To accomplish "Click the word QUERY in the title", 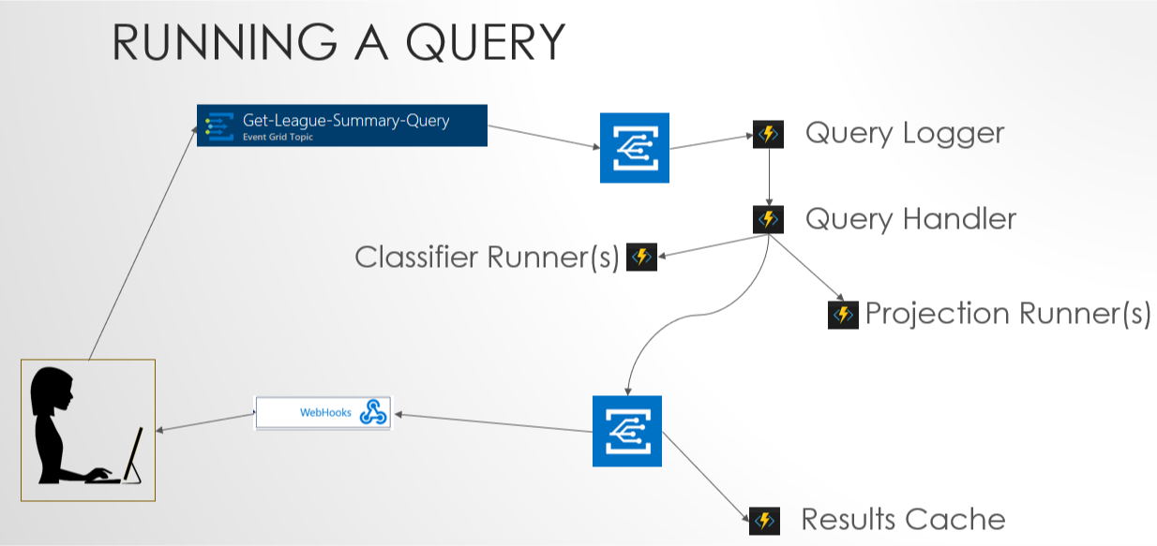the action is tap(485, 42).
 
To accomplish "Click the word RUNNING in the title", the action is tap(225, 42).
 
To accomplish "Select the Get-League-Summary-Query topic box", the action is tap(342, 125).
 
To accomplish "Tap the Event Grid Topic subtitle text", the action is tap(278, 138).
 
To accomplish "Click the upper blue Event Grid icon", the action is tap(634, 148).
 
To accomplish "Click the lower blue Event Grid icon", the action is tap(627, 432).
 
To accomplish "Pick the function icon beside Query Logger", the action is tap(768, 134).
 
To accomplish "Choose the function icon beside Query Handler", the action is tap(768, 219).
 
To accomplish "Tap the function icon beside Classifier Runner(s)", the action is tap(641, 257).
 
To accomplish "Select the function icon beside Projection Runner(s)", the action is tap(843, 315).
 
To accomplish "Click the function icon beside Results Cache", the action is tap(764, 522).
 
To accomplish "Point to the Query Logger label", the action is tap(905, 133).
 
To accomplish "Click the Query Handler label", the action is tap(910, 219).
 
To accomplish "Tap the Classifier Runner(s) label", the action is tap(487, 257).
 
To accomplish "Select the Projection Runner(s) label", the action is tap(1008, 313).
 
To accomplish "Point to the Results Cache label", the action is tap(904, 519).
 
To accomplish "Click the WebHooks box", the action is tap(323, 413).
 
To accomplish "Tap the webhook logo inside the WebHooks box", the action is tap(373, 412).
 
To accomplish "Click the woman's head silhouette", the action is tap(52, 390).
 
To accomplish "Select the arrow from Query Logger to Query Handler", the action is tap(769, 177).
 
